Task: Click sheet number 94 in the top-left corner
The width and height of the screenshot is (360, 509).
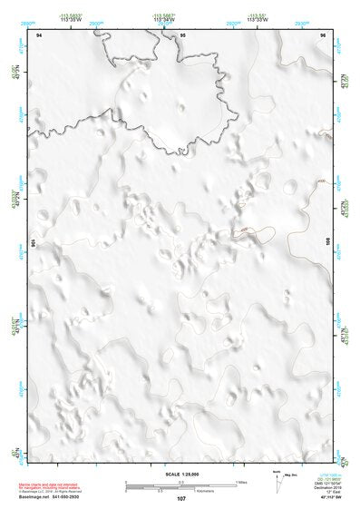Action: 39,34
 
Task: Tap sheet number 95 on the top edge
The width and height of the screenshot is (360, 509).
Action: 183,34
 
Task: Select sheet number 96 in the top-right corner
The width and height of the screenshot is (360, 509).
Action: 322,34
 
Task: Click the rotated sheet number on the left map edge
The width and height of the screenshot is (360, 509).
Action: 34,243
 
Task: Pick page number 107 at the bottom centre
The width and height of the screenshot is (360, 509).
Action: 181,498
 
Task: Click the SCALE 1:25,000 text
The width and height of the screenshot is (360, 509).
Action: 180,475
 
